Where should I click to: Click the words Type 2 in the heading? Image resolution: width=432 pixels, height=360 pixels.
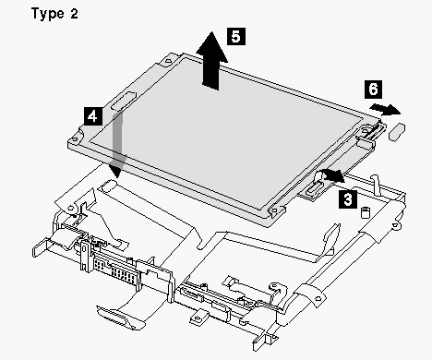tap(54, 14)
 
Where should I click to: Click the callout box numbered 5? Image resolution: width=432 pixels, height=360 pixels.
tap(236, 36)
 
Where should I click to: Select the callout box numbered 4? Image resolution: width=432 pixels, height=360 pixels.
tap(92, 116)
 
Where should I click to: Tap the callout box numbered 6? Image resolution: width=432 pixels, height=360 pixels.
tap(373, 90)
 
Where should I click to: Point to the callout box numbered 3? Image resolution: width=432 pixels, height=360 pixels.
tap(348, 199)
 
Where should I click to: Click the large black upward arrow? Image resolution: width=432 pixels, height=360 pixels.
tap(212, 61)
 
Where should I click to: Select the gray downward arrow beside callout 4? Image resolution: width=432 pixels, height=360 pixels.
tap(118, 143)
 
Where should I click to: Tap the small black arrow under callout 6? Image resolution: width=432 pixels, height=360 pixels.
tap(385, 109)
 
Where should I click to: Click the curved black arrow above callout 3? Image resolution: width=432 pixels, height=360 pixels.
tap(332, 174)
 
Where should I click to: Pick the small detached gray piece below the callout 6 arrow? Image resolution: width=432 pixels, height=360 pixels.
tap(397, 132)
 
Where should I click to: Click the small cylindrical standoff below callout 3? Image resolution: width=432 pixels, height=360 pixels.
tap(366, 212)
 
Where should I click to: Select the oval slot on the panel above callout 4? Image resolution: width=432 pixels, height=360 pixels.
tap(125, 101)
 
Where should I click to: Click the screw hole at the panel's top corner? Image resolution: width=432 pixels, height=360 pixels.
tap(168, 61)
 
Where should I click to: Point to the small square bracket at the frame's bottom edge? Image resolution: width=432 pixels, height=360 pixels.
tap(198, 318)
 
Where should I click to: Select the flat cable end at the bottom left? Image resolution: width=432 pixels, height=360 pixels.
tap(120, 317)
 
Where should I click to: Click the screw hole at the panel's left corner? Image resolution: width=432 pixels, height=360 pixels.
tap(75, 139)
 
